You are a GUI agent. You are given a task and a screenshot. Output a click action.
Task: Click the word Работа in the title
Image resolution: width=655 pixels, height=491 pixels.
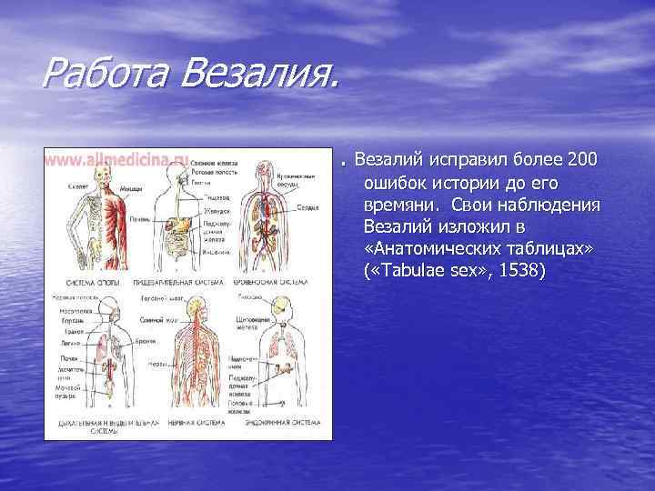(101, 70)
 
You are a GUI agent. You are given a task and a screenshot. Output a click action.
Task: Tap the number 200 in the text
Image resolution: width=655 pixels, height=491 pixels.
(581, 161)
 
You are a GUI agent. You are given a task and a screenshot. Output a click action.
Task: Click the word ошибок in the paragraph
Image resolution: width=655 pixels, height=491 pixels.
(396, 183)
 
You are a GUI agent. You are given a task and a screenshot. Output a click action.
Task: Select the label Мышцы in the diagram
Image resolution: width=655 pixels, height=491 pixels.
(130, 188)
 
